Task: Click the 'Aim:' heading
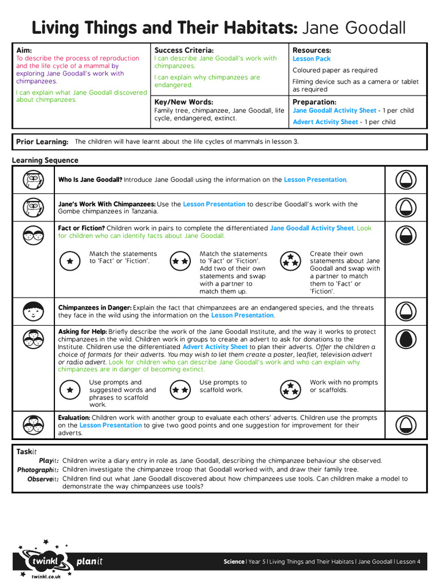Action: [x=24, y=50]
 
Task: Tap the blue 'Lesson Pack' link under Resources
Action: [x=312, y=59]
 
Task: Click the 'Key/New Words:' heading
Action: [x=183, y=102]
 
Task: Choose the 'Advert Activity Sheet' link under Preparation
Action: [x=325, y=122]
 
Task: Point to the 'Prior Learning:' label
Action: [x=42, y=142]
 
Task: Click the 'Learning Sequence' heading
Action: [x=45, y=160]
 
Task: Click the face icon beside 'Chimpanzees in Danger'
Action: [x=33, y=311]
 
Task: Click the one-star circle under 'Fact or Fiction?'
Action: [x=70, y=261]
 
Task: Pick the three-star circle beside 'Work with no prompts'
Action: [x=290, y=390]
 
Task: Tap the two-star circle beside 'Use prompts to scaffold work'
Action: [x=180, y=390]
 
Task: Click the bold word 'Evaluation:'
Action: [x=74, y=418]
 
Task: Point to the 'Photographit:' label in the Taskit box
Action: [x=38, y=470]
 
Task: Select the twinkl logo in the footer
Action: [x=44, y=561]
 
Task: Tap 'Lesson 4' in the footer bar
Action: [x=409, y=562]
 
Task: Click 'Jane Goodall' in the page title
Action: [x=354, y=27]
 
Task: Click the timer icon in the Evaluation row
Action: [x=406, y=425]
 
